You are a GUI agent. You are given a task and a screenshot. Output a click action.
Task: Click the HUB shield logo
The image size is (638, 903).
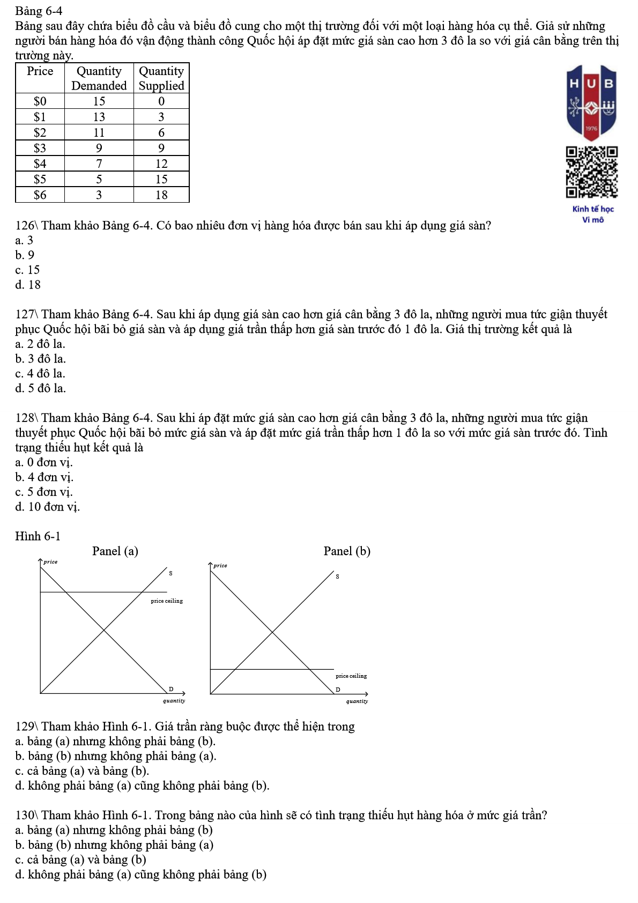click(x=591, y=102)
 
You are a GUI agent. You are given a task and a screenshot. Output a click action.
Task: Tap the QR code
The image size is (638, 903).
click(x=591, y=172)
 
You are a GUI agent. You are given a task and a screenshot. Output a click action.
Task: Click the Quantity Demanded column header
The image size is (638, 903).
click(x=99, y=78)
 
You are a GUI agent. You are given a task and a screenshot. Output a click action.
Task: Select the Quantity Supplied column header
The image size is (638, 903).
click(x=161, y=78)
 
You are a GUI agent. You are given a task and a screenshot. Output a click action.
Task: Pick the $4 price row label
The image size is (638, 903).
click(x=40, y=164)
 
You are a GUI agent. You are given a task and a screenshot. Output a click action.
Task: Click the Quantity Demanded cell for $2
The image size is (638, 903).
click(x=99, y=132)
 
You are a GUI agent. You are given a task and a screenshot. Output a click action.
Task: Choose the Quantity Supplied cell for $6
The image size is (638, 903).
click(x=161, y=195)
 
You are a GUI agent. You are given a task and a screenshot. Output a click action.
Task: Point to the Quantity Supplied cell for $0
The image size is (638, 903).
click(x=161, y=101)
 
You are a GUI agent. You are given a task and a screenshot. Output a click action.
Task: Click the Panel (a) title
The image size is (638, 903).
click(x=115, y=551)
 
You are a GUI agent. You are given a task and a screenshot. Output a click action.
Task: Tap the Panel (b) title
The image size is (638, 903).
click(x=347, y=551)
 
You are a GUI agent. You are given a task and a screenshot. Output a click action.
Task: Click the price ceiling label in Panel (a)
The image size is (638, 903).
click(x=167, y=601)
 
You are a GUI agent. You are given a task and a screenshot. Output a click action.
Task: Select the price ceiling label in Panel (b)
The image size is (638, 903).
click(x=351, y=676)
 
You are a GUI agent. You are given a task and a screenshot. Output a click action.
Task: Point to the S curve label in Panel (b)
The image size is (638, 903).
click(x=337, y=576)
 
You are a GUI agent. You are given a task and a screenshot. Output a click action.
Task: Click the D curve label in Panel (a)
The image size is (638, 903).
click(x=171, y=689)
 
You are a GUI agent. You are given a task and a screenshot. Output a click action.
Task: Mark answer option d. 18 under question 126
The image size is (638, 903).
click(x=28, y=285)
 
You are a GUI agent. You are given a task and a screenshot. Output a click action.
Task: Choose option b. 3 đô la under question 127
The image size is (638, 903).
click(x=41, y=359)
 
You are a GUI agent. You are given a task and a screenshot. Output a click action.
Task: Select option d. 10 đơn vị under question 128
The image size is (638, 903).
click(x=47, y=507)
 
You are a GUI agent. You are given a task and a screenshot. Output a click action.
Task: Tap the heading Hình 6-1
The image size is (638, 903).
click(x=38, y=536)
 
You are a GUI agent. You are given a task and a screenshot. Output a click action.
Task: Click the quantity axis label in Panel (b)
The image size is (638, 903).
click(x=357, y=701)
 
